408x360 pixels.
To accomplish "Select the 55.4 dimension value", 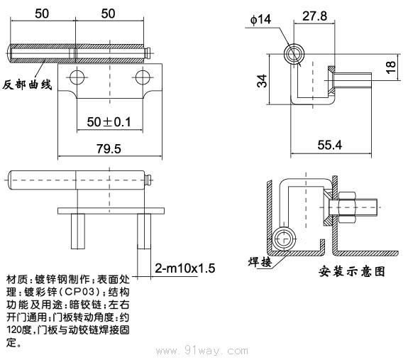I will [331, 146].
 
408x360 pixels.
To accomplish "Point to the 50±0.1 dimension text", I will [109, 121].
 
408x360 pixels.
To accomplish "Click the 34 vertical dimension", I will [263, 80].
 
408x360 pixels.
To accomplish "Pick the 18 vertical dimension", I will [390, 67].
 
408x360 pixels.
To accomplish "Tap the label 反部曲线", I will [27, 84].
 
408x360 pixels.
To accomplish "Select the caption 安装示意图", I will [352, 271].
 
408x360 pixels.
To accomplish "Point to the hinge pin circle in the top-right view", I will [294, 55].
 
